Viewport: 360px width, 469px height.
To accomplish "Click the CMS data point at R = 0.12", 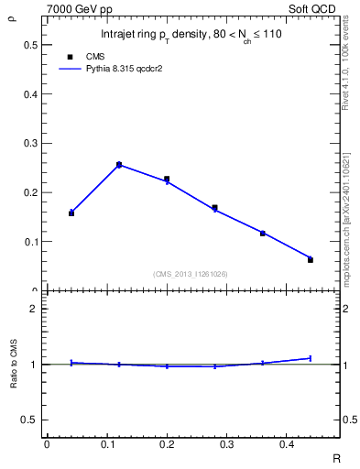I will (x=119, y=165).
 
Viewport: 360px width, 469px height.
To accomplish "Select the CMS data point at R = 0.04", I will (x=71, y=213).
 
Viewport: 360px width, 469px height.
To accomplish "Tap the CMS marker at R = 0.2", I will (x=167, y=180).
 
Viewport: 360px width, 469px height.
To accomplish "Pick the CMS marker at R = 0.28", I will (x=214, y=208).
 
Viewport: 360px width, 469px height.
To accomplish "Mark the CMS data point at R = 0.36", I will (x=262, y=234).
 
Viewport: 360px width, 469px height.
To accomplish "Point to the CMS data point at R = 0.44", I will (x=310, y=260).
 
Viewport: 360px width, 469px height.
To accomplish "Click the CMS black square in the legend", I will (x=70, y=56).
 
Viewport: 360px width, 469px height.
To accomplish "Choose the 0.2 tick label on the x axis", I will (x=167, y=444).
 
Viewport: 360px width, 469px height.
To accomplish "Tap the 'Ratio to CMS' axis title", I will (x=13, y=364).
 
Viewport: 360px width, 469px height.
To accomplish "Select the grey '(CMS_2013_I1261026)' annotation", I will (x=191, y=273).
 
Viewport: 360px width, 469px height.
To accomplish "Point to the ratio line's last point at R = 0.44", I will (x=310, y=358).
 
